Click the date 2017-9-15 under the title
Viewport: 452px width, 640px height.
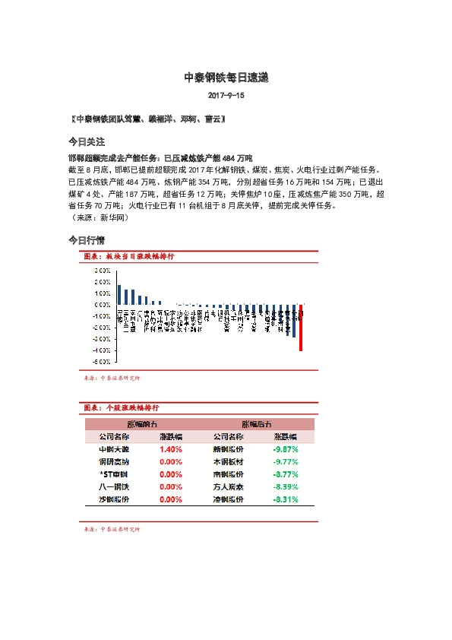pos(226,97)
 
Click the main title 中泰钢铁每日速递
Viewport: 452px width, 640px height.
pos(226,78)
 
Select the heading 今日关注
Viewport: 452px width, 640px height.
pos(87,142)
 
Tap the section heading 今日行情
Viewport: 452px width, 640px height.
pos(87,240)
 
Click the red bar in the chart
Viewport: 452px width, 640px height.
pos(301,328)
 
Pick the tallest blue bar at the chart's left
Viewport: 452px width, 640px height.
pos(119,295)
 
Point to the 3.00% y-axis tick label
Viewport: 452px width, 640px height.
pos(101,270)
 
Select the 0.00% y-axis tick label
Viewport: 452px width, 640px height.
pos(101,305)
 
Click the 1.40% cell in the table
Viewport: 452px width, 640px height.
pos(170,449)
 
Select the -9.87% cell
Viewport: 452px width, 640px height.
pos(285,449)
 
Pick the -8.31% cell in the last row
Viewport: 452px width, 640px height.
pos(285,499)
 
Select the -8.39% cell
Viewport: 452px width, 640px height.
pos(285,487)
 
